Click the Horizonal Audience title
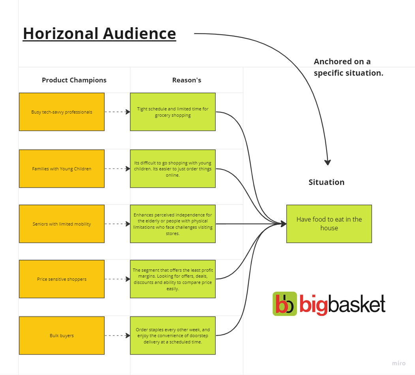click(x=100, y=34)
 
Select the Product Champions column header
click(x=74, y=80)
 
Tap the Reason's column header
click(x=187, y=80)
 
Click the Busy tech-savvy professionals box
click(x=62, y=112)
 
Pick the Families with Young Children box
click(x=62, y=169)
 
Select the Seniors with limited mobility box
click(x=62, y=224)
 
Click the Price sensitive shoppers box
click(x=62, y=279)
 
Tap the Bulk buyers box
click(x=62, y=336)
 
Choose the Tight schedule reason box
click(x=173, y=112)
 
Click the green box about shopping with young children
click(x=173, y=169)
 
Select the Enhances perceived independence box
click(x=173, y=224)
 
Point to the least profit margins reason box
click(x=173, y=279)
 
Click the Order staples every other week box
click(x=173, y=336)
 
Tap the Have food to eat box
click(x=329, y=224)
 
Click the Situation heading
click(x=327, y=182)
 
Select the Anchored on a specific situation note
click(x=348, y=67)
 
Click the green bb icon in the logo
click(x=285, y=304)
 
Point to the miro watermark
click(x=399, y=363)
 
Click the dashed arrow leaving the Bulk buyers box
click(x=117, y=336)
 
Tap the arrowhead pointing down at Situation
click(x=327, y=162)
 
